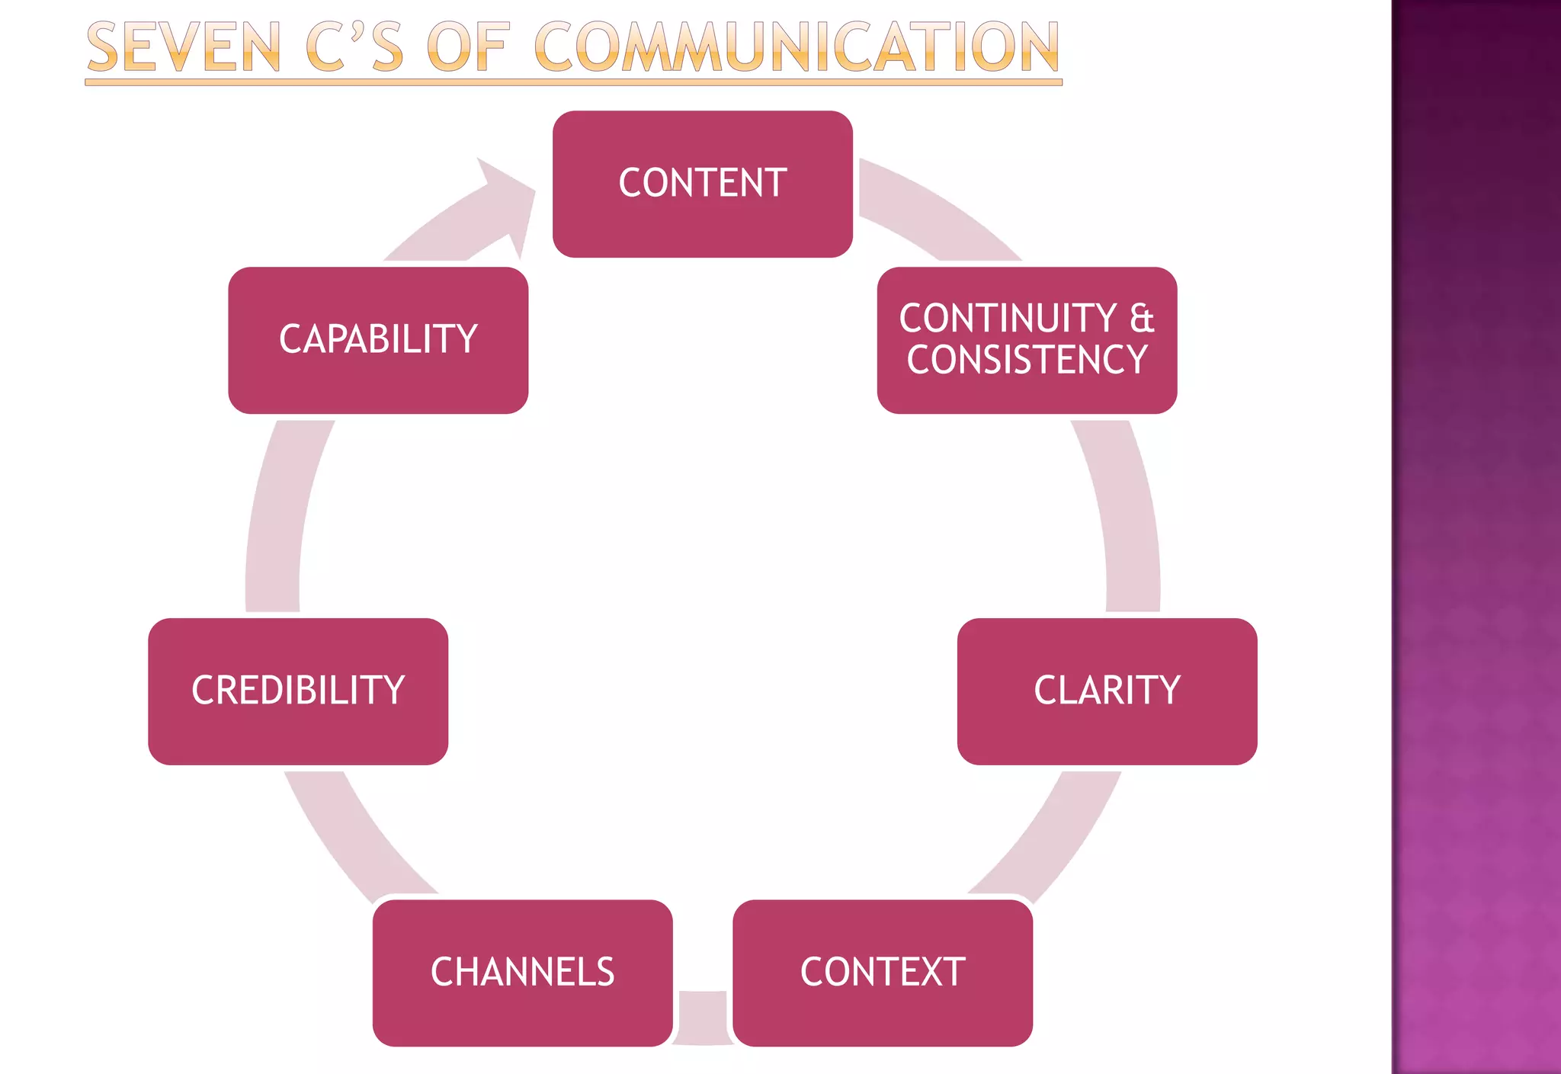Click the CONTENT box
702,184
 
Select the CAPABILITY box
378,340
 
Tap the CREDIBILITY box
298,691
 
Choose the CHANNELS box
523,973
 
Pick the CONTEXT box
883,973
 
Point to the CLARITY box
1107,691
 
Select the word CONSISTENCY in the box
1027,361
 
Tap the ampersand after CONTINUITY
1141,319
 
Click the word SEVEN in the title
184,48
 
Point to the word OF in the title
466,48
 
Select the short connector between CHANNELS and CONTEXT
703,1018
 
